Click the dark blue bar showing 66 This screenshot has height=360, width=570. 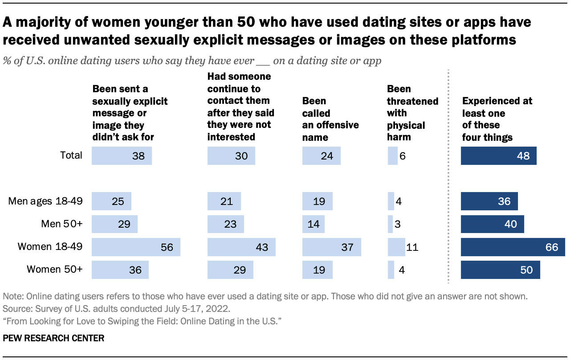513,247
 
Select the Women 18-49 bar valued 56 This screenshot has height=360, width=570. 136,247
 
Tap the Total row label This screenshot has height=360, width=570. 71,155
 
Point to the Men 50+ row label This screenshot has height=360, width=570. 62,224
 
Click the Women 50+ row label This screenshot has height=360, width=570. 55,270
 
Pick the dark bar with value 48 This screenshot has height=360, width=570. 498,156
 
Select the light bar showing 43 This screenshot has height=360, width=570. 241,247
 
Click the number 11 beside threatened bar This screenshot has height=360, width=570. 412,247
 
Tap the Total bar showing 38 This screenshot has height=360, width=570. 122,156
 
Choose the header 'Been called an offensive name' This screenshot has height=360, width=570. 330,119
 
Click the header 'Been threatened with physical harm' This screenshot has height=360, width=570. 412,113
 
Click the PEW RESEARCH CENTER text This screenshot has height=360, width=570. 53,339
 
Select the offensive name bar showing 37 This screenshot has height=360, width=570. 331,247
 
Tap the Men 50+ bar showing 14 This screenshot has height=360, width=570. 313,224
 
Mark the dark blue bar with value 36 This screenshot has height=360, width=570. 489,201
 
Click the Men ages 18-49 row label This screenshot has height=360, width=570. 45,201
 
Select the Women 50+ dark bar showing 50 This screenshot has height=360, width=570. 500,270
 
